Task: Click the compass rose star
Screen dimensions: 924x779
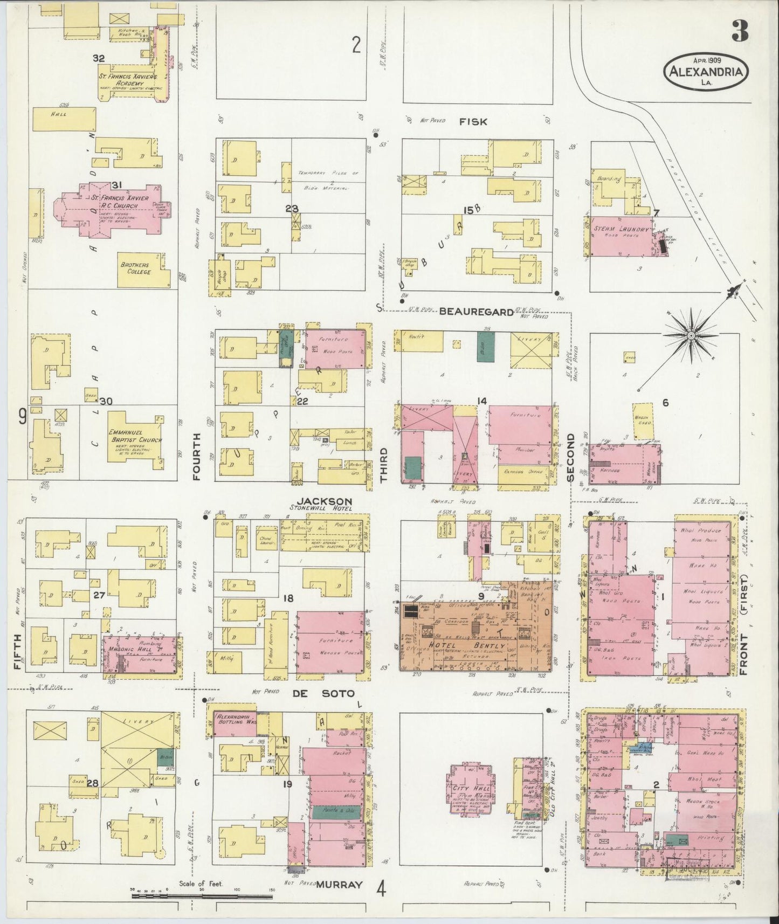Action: click(x=690, y=335)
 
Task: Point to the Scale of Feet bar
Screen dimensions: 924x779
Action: click(x=202, y=896)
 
